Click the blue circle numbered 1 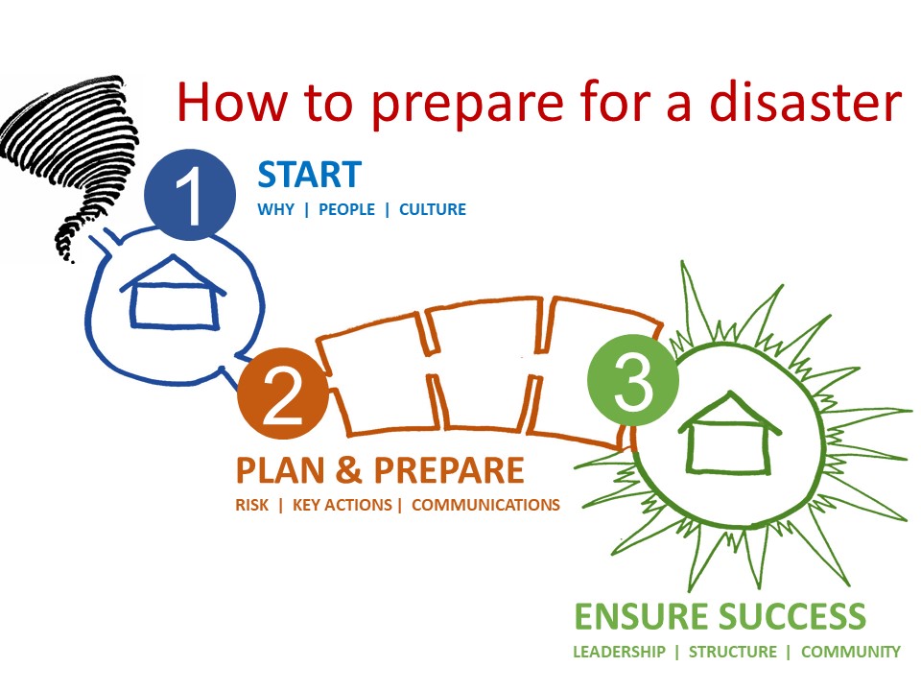[190, 195]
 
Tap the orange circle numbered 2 [282, 393]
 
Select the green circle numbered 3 [632, 380]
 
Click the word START [310, 175]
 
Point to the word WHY [275, 209]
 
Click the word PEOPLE [346, 209]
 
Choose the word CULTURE [433, 209]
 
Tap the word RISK [252, 505]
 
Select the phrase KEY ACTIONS [342, 505]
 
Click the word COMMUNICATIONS [485, 505]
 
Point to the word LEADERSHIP [619, 652]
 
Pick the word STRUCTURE [732, 652]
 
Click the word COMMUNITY [851, 652]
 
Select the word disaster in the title [805, 101]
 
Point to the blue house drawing [174, 292]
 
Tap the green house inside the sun [729, 433]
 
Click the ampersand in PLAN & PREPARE [349, 470]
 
